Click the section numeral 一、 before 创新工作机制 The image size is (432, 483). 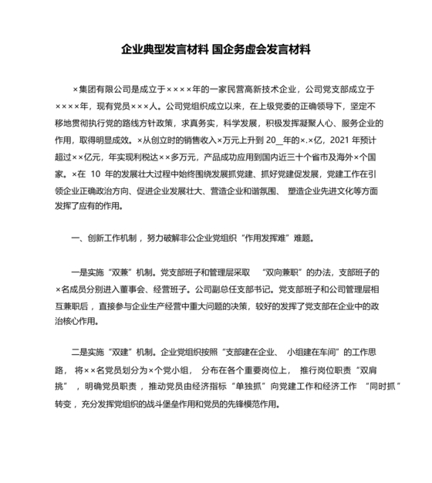tap(76, 238)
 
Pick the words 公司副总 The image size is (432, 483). tap(208, 289)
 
